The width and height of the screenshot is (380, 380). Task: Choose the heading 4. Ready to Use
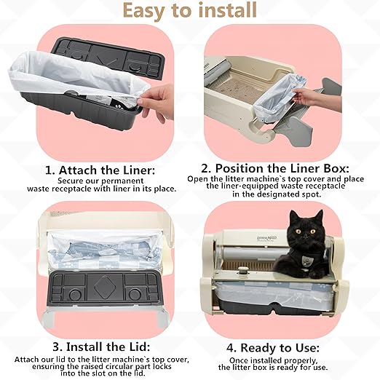point(280,347)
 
